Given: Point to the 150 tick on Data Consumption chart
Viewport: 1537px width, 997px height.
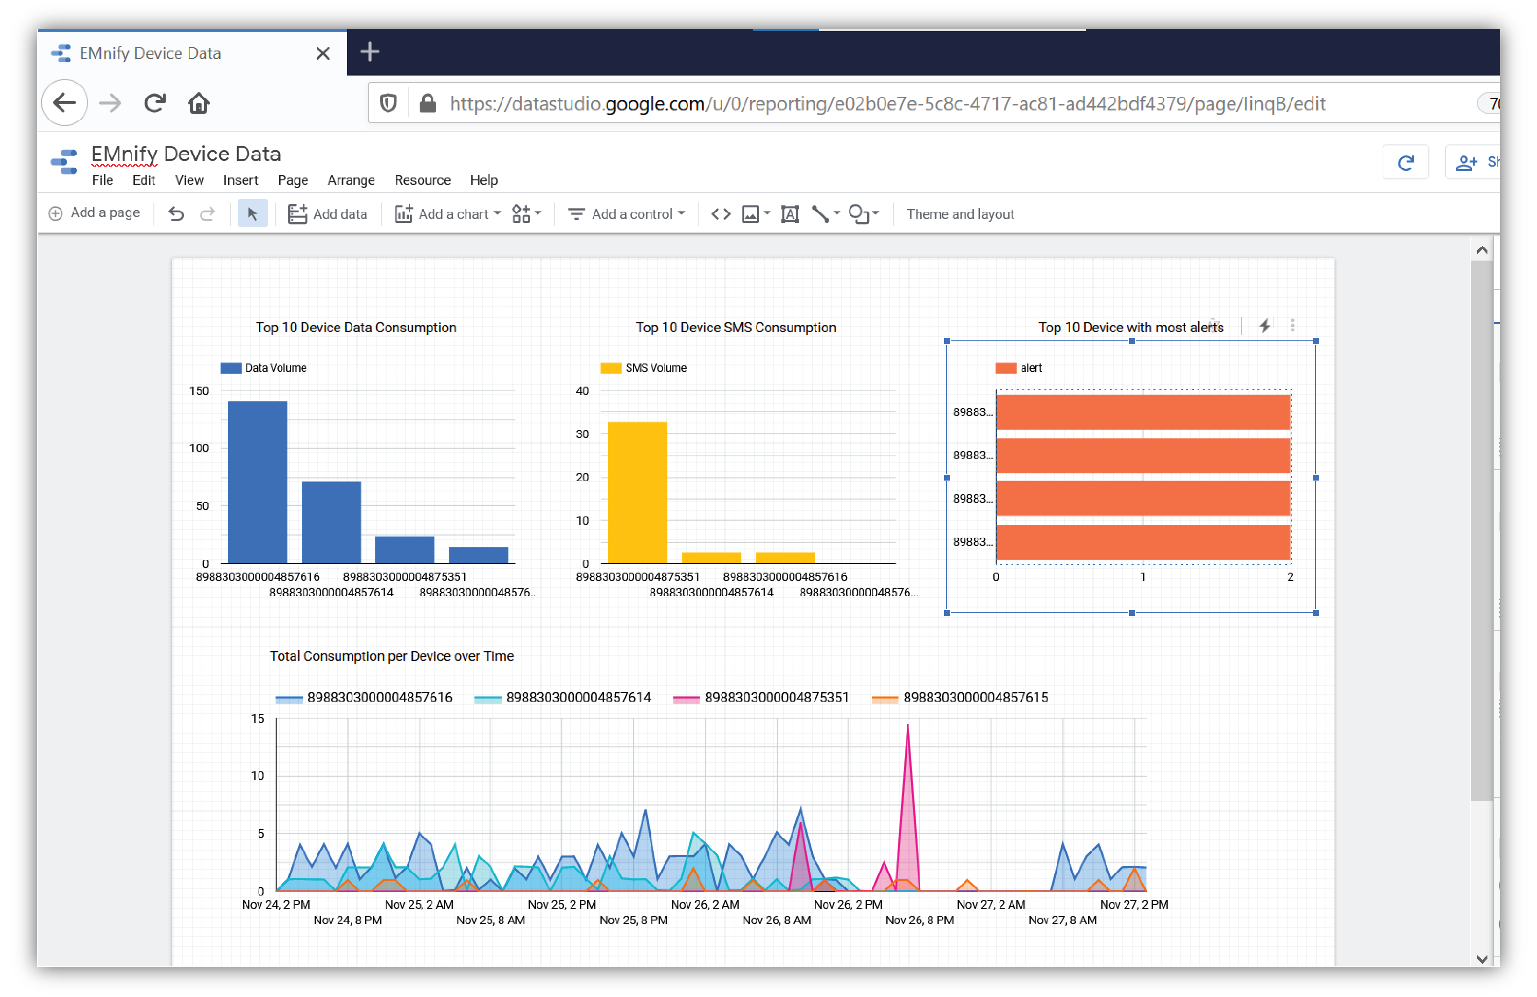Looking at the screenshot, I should [x=199, y=391].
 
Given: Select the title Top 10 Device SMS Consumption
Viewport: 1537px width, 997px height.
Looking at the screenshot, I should [x=735, y=327].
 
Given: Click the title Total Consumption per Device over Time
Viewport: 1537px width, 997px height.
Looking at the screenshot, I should [x=391, y=656].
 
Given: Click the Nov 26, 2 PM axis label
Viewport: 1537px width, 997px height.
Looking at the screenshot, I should [x=848, y=904].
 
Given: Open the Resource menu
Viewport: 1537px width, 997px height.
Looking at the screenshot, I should [x=422, y=180].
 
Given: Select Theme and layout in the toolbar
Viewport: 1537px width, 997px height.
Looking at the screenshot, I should [x=960, y=214].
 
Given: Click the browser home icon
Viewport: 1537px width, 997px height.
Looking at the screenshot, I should [x=198, y=103].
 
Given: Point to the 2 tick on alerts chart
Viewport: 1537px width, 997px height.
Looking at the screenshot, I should [x=1290, y=577].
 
